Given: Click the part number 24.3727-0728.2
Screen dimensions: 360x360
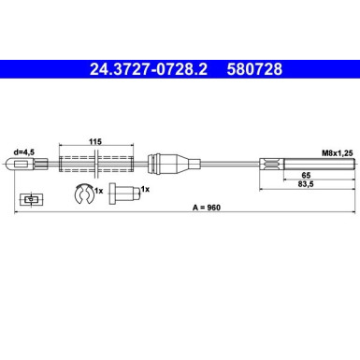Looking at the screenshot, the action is (149, 69).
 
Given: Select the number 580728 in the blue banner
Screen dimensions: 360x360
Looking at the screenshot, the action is (254, 69).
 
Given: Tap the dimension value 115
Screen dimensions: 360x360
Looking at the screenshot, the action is (95, 142).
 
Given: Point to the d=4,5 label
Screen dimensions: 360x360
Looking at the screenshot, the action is (23, 152).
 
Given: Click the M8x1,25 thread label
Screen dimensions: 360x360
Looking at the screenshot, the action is (338, 153).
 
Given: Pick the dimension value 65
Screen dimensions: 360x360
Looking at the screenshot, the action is (306, 175).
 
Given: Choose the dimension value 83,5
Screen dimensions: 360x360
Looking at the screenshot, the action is (306, 184).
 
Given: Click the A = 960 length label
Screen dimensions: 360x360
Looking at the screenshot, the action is (207, 208).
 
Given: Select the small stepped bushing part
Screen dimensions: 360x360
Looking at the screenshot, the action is (124, 194).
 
